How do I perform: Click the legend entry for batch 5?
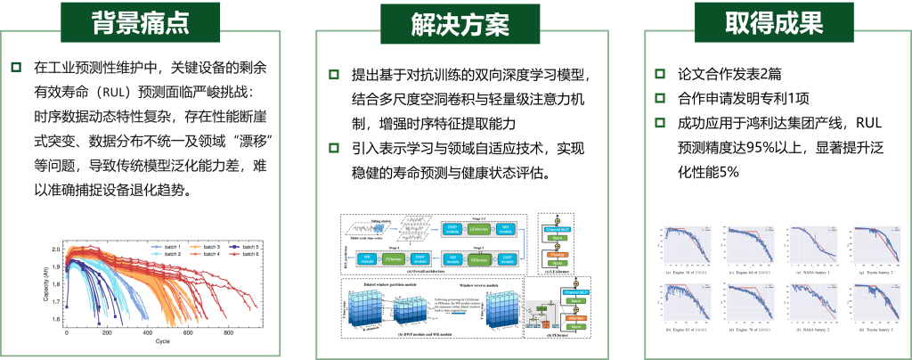pos(245,246)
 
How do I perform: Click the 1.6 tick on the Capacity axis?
pos(57,318)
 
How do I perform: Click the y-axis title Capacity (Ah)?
pos(44,281)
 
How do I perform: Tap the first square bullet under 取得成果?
pos(660,74)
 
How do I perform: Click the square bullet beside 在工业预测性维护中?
pos(15,68)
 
